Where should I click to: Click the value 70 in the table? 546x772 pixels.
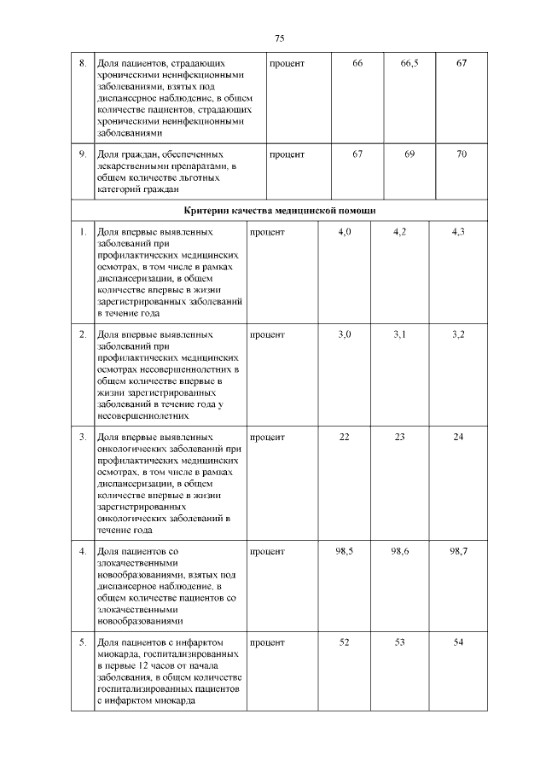462,154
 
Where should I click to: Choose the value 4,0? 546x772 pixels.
345,232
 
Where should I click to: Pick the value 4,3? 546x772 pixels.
457,232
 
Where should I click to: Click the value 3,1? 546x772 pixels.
400,334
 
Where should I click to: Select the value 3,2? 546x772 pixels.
457,334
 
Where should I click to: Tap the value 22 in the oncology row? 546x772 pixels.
345,437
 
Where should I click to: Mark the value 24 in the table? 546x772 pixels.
457,437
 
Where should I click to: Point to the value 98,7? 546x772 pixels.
457,552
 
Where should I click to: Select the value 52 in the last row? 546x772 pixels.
345,641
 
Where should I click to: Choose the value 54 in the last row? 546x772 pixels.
457,641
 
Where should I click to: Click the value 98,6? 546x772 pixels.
400,552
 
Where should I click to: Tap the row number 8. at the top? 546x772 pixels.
82,65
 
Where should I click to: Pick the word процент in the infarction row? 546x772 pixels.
267,641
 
